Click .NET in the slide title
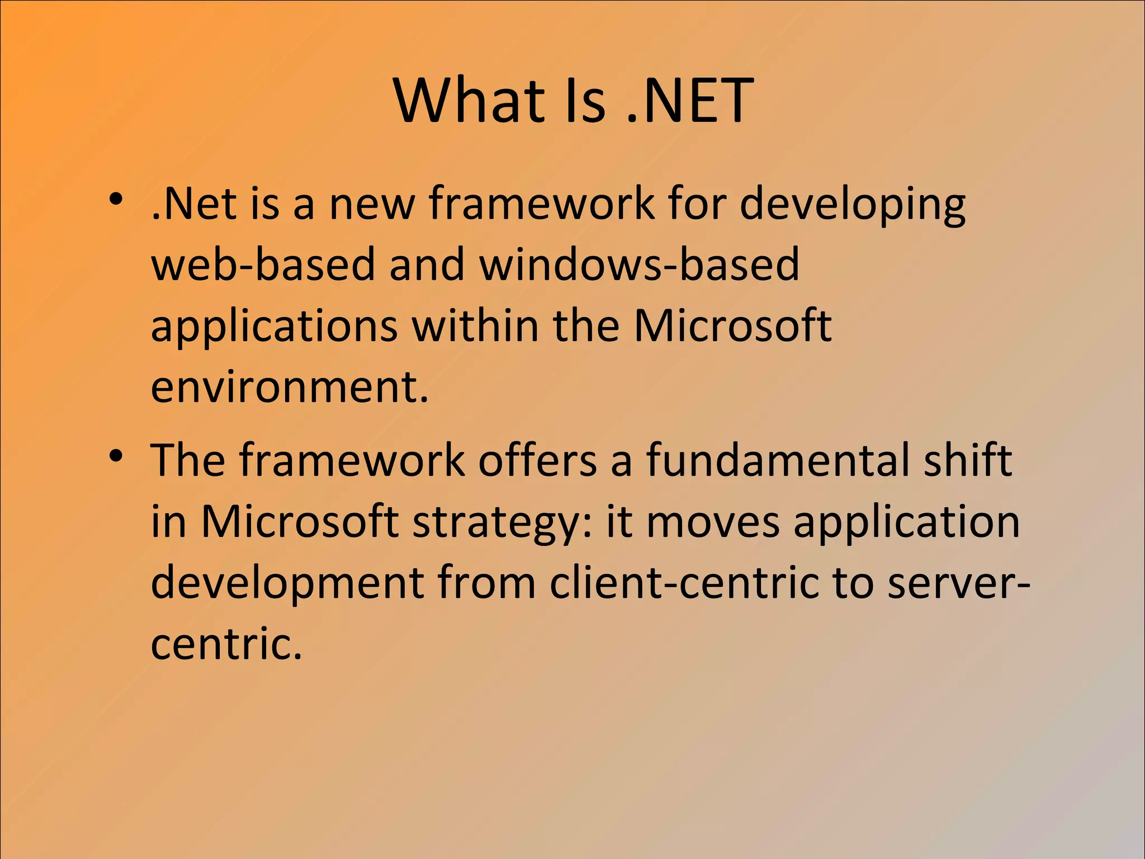[x=690, y=101]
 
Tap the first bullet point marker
[x=116, y=199]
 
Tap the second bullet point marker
[x=116, y=456]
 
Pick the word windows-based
[x=640, y=265]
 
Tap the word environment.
[x=288, y=388]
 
